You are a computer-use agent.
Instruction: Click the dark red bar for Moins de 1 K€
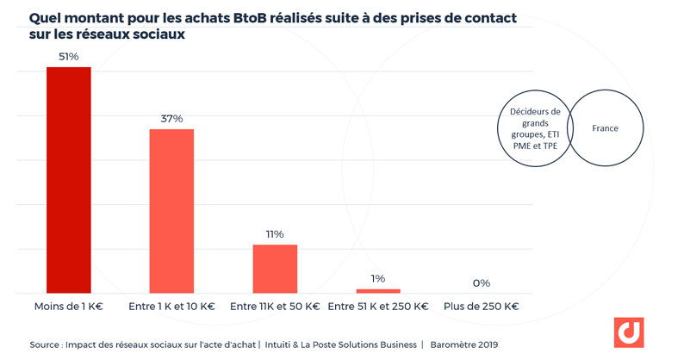tap(68, 180)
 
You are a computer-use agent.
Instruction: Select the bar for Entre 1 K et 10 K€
tap(171, 211)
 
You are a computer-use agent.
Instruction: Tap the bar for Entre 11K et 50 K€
tap(275, 269)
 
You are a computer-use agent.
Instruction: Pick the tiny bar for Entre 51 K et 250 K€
tap(378, 291)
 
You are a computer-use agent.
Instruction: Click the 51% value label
tap(68, 57)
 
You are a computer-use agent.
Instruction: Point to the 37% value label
tap(171, 119)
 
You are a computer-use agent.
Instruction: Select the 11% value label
tap(275, 234)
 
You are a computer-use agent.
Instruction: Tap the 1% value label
tap(378, 278)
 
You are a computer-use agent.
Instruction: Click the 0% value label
tap(481, 282)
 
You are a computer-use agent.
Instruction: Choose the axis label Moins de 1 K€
tap(68, 307)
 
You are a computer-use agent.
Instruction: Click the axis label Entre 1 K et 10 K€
tap(171, 307)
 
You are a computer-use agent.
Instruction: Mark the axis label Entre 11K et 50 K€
tap(275, 307)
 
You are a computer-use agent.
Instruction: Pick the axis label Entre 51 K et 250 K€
tap(378, 307)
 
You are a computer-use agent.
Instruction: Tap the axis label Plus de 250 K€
tap(481, 307)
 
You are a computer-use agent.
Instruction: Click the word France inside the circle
tap(605, 128)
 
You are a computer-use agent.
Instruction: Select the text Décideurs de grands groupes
tap(534, 122)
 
